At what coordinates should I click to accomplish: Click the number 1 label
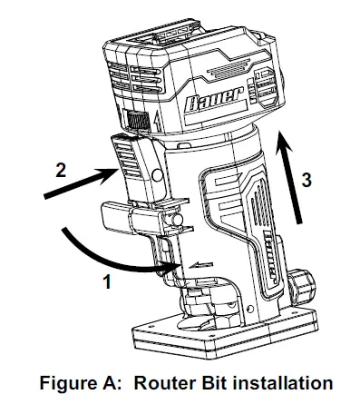pos(106,282)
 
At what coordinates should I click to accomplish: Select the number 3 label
pos(308,180)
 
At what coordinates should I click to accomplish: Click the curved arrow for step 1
pos(100,260)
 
